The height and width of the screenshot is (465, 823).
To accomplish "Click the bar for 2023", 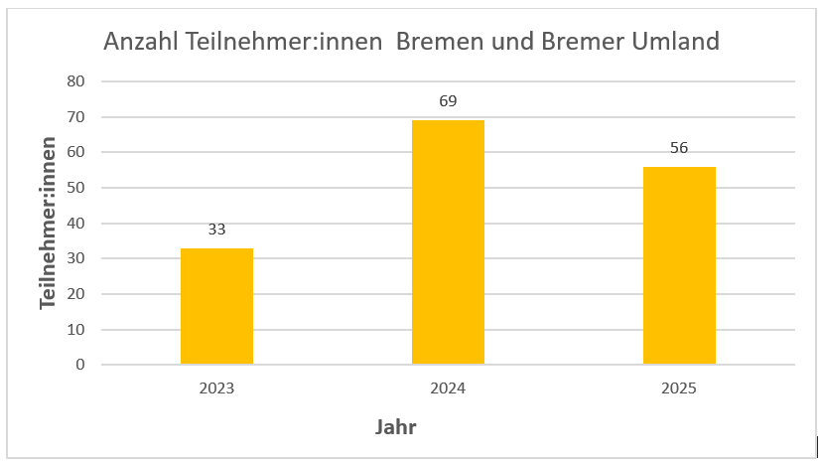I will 216,306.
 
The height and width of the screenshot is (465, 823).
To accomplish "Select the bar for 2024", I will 448,242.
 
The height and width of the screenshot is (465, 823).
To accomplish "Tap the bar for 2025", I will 679,265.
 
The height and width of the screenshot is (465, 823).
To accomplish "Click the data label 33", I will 216,230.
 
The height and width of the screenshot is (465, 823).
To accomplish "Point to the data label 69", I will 448,101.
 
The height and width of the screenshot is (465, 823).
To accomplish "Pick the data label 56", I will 679,148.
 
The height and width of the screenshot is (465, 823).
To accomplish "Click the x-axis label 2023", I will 216,388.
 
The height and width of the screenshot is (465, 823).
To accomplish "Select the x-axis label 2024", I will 448,388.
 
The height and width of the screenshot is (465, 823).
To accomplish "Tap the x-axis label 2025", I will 679,388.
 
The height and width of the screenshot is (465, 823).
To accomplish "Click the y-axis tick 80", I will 76,81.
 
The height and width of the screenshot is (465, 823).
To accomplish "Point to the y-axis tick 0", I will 80,365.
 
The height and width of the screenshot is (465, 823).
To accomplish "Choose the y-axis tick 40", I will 76,224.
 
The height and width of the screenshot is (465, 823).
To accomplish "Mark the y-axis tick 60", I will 76,152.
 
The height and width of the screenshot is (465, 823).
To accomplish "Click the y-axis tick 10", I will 76,330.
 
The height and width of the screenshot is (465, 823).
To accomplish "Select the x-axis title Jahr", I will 395,428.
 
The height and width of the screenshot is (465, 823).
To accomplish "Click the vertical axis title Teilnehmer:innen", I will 48,224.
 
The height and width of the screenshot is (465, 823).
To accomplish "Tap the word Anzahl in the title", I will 141,44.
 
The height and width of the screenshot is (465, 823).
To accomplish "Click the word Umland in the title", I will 673,44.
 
